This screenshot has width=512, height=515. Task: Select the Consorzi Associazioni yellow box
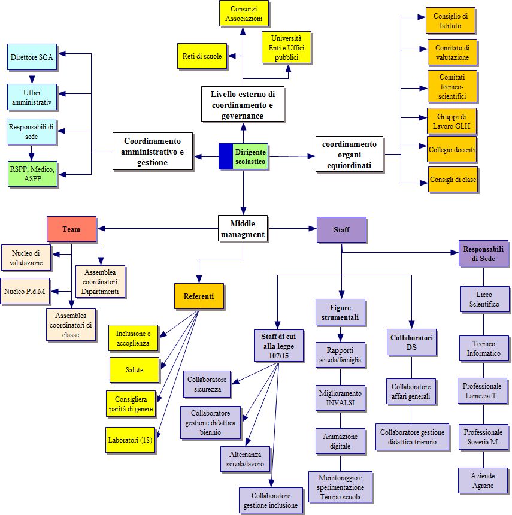click(x=243, y=13)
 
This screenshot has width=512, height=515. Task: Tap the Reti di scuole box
click(x=202, y=56)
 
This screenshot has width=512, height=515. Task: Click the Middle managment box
click(x=243, y=228)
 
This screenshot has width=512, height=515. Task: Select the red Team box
click(x=71, y=229)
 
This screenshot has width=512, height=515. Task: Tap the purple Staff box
click(x=341, y=229)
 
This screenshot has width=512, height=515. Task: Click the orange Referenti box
click(x=199, y=296)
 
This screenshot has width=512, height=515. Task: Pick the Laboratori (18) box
click(x=130, y=440)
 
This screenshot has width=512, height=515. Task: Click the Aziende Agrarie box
click(x=483, y=480)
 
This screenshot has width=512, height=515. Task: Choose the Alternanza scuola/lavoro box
click(x=245, y=459)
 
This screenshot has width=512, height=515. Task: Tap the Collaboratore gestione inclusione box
click(x=271, y=501)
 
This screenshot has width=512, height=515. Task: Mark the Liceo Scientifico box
click(x=483, y=299)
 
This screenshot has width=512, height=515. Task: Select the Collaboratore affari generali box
click(x=411, y=392)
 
